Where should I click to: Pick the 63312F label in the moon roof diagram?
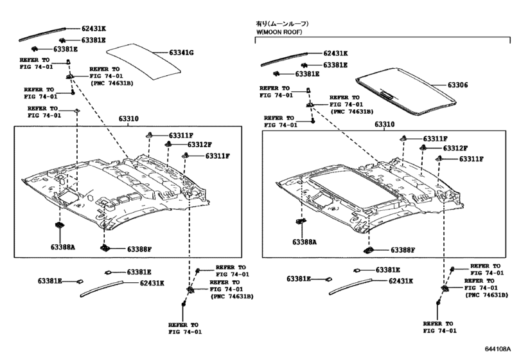coord(453,148)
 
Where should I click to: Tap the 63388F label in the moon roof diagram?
coord(403,249)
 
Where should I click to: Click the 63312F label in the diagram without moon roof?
coord(199,145)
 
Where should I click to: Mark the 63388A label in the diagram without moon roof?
coord(63,246)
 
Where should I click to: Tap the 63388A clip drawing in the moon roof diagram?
coord(300,222)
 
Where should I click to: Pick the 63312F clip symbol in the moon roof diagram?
coord(424,148)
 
